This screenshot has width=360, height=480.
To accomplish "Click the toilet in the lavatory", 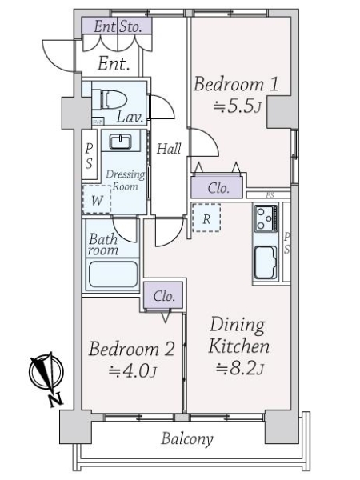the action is [x=110, y=99].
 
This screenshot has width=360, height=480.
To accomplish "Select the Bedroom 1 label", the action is [x=236, y=84].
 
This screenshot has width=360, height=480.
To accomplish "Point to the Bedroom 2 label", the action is [x=132, y=349].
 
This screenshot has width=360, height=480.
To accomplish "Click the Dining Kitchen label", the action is [x=238, y=335].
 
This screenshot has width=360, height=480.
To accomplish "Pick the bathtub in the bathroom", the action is [x=113, y=274].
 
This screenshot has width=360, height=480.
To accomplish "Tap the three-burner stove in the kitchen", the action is [x=266, y=218].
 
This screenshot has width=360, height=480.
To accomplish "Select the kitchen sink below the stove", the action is [x=266, y=262].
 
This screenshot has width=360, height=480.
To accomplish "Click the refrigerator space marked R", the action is [x=206, y=218].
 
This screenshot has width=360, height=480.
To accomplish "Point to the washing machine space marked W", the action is [x=97, y=199].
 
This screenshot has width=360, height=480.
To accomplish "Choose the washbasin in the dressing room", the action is [x=120, y=142].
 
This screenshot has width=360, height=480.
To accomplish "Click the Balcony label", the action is [x=187, y=438].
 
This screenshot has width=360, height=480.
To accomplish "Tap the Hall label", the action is [x=169, y=149].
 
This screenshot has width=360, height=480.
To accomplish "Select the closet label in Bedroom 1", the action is [x=218, y=188].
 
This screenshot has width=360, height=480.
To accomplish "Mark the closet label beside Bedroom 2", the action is [x=164, y=296].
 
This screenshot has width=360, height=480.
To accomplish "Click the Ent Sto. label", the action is [x=118, y=26].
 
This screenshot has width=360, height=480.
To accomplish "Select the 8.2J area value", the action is [x=240, y=369].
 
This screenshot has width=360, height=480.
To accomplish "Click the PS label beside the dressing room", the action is [x=89, y=156].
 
